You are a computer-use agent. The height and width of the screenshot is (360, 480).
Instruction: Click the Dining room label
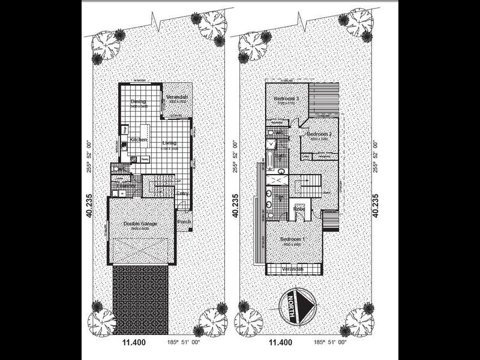coord(139,102)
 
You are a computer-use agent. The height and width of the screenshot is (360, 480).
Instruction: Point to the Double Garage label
coord(140,224)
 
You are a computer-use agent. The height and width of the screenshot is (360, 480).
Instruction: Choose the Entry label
coord(182,194)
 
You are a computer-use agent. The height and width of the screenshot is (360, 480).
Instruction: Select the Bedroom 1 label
coord(293,240)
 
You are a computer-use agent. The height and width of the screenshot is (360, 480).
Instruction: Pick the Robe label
coord(299,208)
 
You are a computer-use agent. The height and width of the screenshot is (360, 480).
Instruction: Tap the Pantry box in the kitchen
coord(144,158)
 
